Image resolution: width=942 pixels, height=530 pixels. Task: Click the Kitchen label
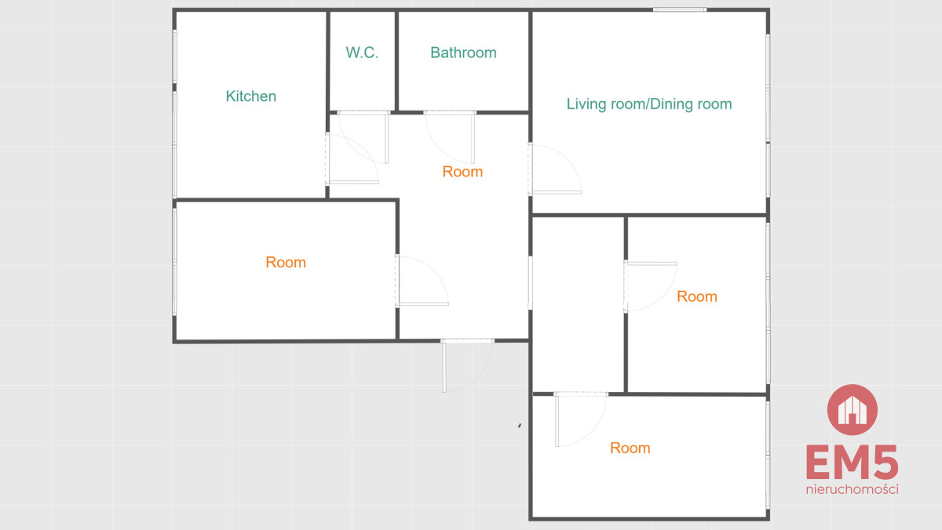(250, 96)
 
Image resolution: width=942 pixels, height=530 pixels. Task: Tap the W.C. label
(362, 53)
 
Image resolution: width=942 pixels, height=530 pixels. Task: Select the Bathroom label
(463, 53)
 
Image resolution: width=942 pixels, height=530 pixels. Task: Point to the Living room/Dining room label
(649, 103)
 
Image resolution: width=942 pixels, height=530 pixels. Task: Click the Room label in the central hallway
(462, 172)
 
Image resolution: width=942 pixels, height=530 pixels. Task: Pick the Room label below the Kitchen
(286, 262)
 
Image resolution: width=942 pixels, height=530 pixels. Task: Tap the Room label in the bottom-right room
(630, 448)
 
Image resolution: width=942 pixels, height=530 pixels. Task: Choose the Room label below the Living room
(697, 296)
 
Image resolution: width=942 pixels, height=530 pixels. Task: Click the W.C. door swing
(363, 137)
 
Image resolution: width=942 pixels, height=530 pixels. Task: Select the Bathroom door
(450, 137)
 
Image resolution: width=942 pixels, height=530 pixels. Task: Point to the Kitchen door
(352, 159)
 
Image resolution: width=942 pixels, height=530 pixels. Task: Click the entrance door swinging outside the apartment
(467, 366)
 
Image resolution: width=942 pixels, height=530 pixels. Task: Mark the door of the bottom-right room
(581, 419)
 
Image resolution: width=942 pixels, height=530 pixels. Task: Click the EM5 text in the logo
(852, 463)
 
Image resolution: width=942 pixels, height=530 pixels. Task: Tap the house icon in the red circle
(852, 410)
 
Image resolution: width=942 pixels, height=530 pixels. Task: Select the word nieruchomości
(852, 489)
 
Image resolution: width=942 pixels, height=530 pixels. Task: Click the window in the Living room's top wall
(680, 9)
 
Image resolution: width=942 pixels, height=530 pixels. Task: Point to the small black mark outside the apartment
(520, 426)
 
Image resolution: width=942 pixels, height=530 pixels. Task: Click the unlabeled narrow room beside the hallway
(578, 304)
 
